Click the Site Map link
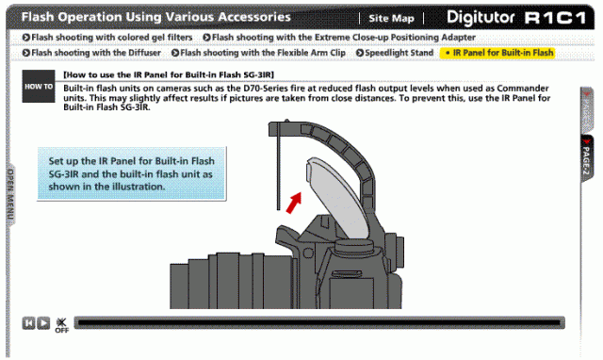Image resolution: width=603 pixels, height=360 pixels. coord(391,18)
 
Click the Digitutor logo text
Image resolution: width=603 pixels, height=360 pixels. coord(481,17)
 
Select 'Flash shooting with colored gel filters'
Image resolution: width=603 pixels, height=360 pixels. coord(107,38)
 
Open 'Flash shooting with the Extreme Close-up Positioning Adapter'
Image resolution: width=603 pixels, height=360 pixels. coord(339,38)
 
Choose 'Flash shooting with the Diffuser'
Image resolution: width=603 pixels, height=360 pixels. coord(91,53)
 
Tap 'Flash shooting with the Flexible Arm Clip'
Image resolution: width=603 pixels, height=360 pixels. coord(258,53)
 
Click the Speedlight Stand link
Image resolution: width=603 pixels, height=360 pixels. coord(395,53)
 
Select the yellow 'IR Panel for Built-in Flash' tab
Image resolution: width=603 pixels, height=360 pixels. coord(497,53)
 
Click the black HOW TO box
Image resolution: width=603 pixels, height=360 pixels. coord(39,86)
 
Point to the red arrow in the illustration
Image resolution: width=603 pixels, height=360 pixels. coord(294,203)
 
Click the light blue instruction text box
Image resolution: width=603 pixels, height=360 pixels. coord(132,173)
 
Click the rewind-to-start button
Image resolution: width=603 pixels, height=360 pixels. coord(28,323)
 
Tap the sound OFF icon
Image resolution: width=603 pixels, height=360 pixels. coord(61,325)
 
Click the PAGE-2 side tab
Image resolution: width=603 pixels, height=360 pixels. coord(586,159)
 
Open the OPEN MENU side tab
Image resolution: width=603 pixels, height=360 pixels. coord(10,195)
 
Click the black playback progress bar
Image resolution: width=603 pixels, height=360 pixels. coord(319,322)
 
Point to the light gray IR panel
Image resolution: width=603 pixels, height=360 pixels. coord(338,196)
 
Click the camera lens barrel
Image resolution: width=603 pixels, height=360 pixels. coord(231,281)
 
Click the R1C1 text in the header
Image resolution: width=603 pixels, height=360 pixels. coord(555,18)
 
